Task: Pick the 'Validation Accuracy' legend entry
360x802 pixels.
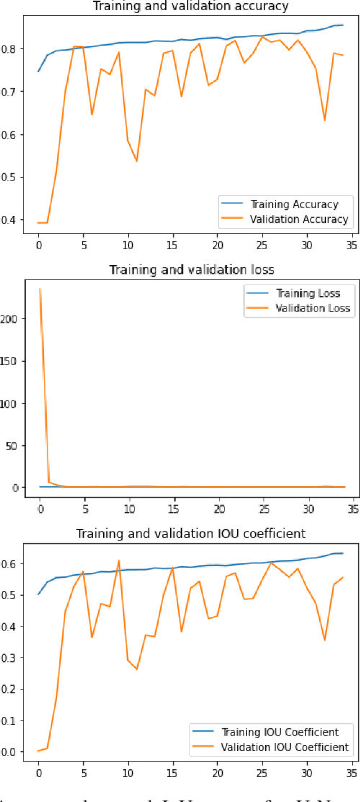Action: click(299, 219)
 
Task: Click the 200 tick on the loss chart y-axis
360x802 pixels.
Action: click(14, 318)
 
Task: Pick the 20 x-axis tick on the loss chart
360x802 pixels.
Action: click(218, 508)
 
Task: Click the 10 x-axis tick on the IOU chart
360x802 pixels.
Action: click(128, 772)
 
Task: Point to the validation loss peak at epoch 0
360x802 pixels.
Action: click(39, 289)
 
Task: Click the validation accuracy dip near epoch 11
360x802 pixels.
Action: click(137, 161)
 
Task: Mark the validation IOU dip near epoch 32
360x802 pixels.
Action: click(325, 640)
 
